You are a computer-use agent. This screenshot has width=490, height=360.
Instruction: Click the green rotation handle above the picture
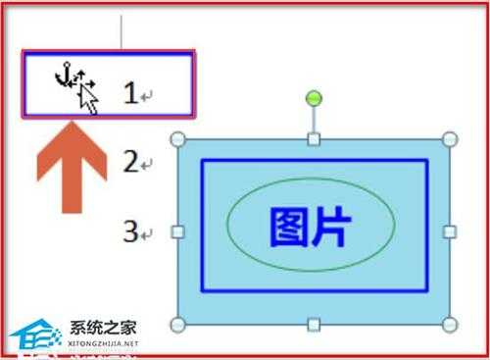click(314, 97)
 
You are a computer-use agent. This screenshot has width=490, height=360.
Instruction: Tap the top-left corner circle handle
click(178, 139)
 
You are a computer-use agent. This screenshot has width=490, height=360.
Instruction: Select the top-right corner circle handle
click(450, 139)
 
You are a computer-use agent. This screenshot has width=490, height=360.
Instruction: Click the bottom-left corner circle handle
click(178, 325)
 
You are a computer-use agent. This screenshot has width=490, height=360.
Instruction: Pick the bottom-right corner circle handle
click(450, 325)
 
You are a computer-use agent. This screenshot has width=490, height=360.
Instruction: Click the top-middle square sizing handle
click(314, 139)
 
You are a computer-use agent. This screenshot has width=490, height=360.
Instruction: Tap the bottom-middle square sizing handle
click(314, 325)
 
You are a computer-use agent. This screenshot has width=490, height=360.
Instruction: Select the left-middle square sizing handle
click(178, 232)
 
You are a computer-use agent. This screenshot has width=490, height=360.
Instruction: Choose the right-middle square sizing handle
click(450, 232)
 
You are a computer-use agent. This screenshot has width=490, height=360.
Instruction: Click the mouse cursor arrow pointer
click(89, 97)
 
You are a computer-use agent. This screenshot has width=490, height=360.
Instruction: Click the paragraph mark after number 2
click(148, 165)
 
